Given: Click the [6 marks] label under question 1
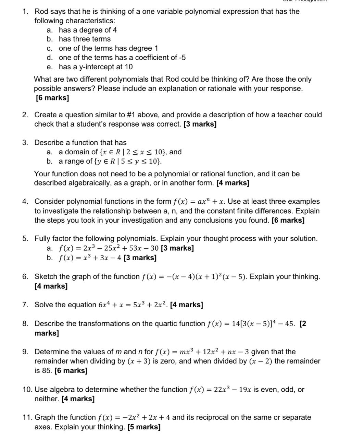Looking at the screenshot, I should click(x=52, y=98).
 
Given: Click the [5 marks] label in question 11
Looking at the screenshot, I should click(x=144, y=427).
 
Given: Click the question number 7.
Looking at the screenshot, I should click(x=25, y=305).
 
